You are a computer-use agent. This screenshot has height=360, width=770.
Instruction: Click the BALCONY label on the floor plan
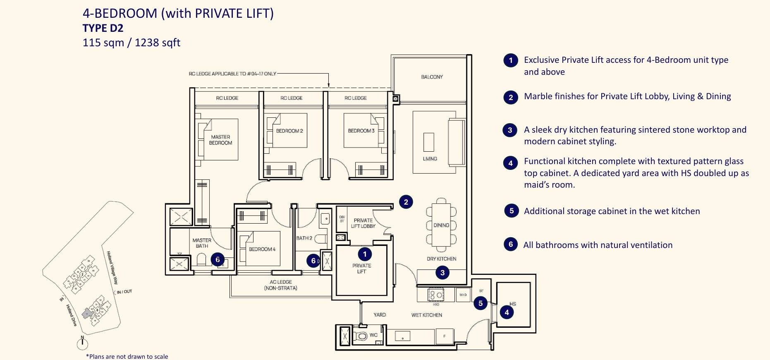coord(432,77)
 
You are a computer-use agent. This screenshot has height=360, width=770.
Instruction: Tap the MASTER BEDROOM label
coord(220,140)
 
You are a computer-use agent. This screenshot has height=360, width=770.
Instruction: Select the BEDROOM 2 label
coord(289,131)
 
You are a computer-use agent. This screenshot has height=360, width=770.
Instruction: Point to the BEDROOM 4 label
coord(262,249)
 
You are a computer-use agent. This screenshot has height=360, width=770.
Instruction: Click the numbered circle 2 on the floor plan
coord(406,202)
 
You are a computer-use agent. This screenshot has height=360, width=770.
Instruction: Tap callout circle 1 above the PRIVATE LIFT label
coord(364,254)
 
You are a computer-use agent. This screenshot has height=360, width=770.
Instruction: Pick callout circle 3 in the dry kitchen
coord(442,272)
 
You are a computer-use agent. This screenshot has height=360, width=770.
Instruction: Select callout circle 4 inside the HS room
coord(507,312)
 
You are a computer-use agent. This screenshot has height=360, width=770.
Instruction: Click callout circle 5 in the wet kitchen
coord(480,303)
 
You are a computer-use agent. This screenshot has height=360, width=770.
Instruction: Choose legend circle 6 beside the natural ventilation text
coord(510,244)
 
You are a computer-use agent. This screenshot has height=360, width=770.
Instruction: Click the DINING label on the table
coord(441,225)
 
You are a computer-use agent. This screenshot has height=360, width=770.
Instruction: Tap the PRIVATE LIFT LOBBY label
coord(363,223)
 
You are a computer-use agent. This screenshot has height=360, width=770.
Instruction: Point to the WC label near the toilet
coord(373,335)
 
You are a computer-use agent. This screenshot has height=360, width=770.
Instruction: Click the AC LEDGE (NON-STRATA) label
coord(281,285)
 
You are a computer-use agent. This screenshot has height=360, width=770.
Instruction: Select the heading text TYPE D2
coord(103,28)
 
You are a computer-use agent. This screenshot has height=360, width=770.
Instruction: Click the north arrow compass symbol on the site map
coord(82,343)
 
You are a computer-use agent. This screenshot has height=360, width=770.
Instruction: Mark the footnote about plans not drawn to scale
coord(127,356)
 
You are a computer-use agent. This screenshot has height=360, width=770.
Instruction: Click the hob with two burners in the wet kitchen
coord(435,295)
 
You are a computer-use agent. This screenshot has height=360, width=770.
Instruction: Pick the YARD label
coord(379,315)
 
